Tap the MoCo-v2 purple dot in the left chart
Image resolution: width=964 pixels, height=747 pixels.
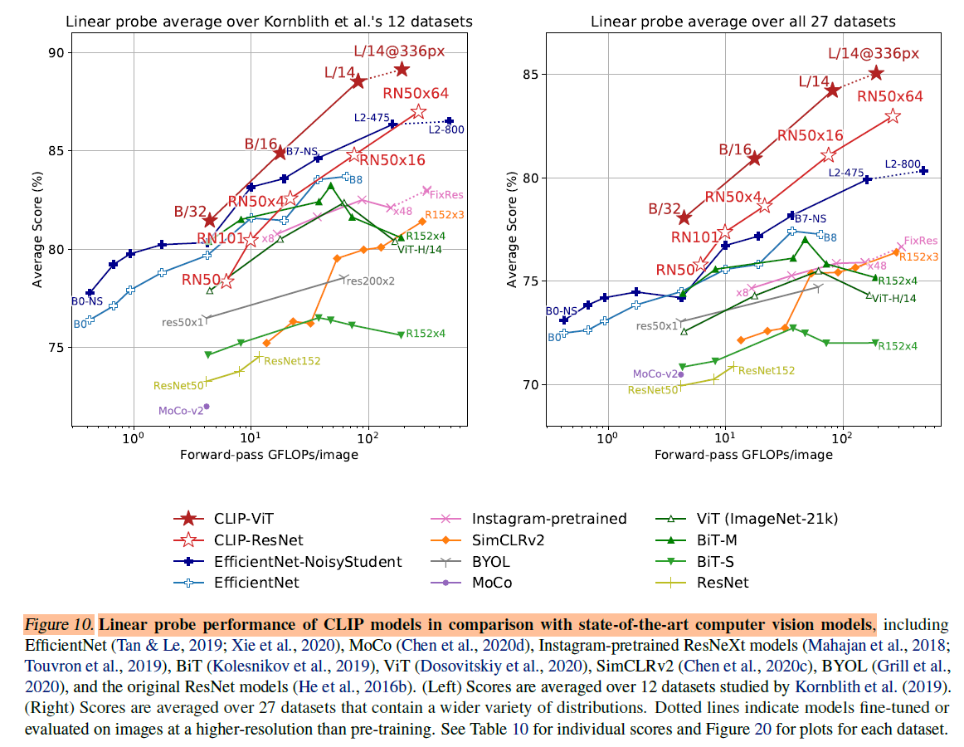[207, 407]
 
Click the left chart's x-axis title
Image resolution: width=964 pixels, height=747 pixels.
[268, 455]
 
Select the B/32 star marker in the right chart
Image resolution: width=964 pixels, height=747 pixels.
[684, 217]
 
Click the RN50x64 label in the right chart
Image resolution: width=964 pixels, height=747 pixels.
[890, 96]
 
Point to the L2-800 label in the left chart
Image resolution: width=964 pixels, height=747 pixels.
[446, 129]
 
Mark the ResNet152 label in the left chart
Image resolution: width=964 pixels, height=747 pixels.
[292, 361]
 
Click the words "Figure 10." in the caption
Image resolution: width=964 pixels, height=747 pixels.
[59, 624]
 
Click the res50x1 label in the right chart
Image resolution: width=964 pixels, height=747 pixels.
[657, 326]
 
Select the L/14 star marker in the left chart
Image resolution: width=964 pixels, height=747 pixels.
[358, 81]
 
